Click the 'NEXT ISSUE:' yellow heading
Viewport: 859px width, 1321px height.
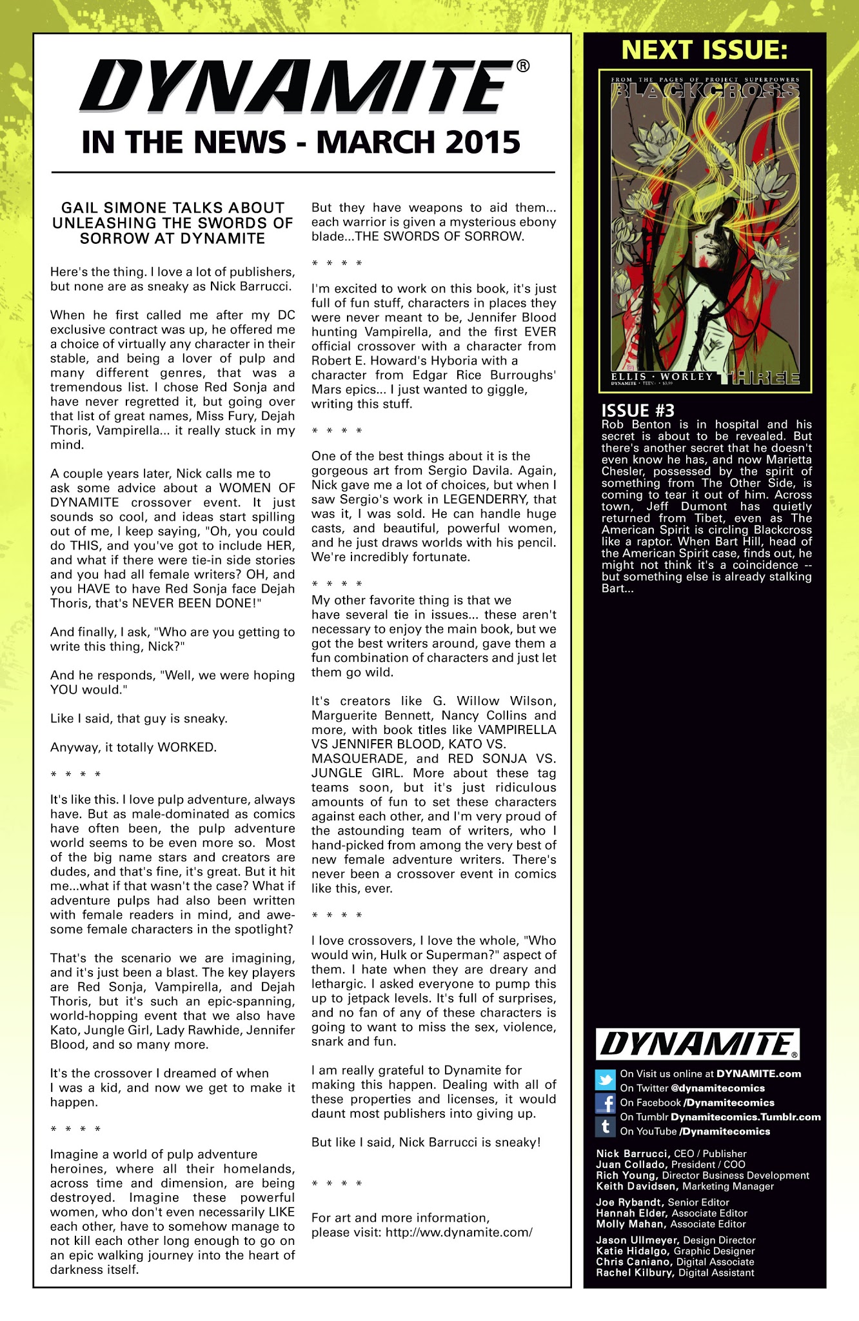(x=704, y=50)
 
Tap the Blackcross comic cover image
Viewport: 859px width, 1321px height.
(x=705, y=230)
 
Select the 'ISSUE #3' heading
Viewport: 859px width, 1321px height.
(x=638, y=410)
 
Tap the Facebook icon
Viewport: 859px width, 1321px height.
(x=606, y=1103)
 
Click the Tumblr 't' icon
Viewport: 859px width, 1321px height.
(x=606, y=1127)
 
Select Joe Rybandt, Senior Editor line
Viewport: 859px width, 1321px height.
(x=662, y=1202)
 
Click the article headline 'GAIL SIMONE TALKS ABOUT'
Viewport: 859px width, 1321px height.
(x=173, y=208)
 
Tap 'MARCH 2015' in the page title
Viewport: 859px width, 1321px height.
(x=418, y=143)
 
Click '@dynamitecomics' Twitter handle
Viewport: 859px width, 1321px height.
(x=709, y=1088)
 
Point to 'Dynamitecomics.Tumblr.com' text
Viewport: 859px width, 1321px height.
(x=745, y=1117)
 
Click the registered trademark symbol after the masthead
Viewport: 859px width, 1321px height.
(x=523, y=65)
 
